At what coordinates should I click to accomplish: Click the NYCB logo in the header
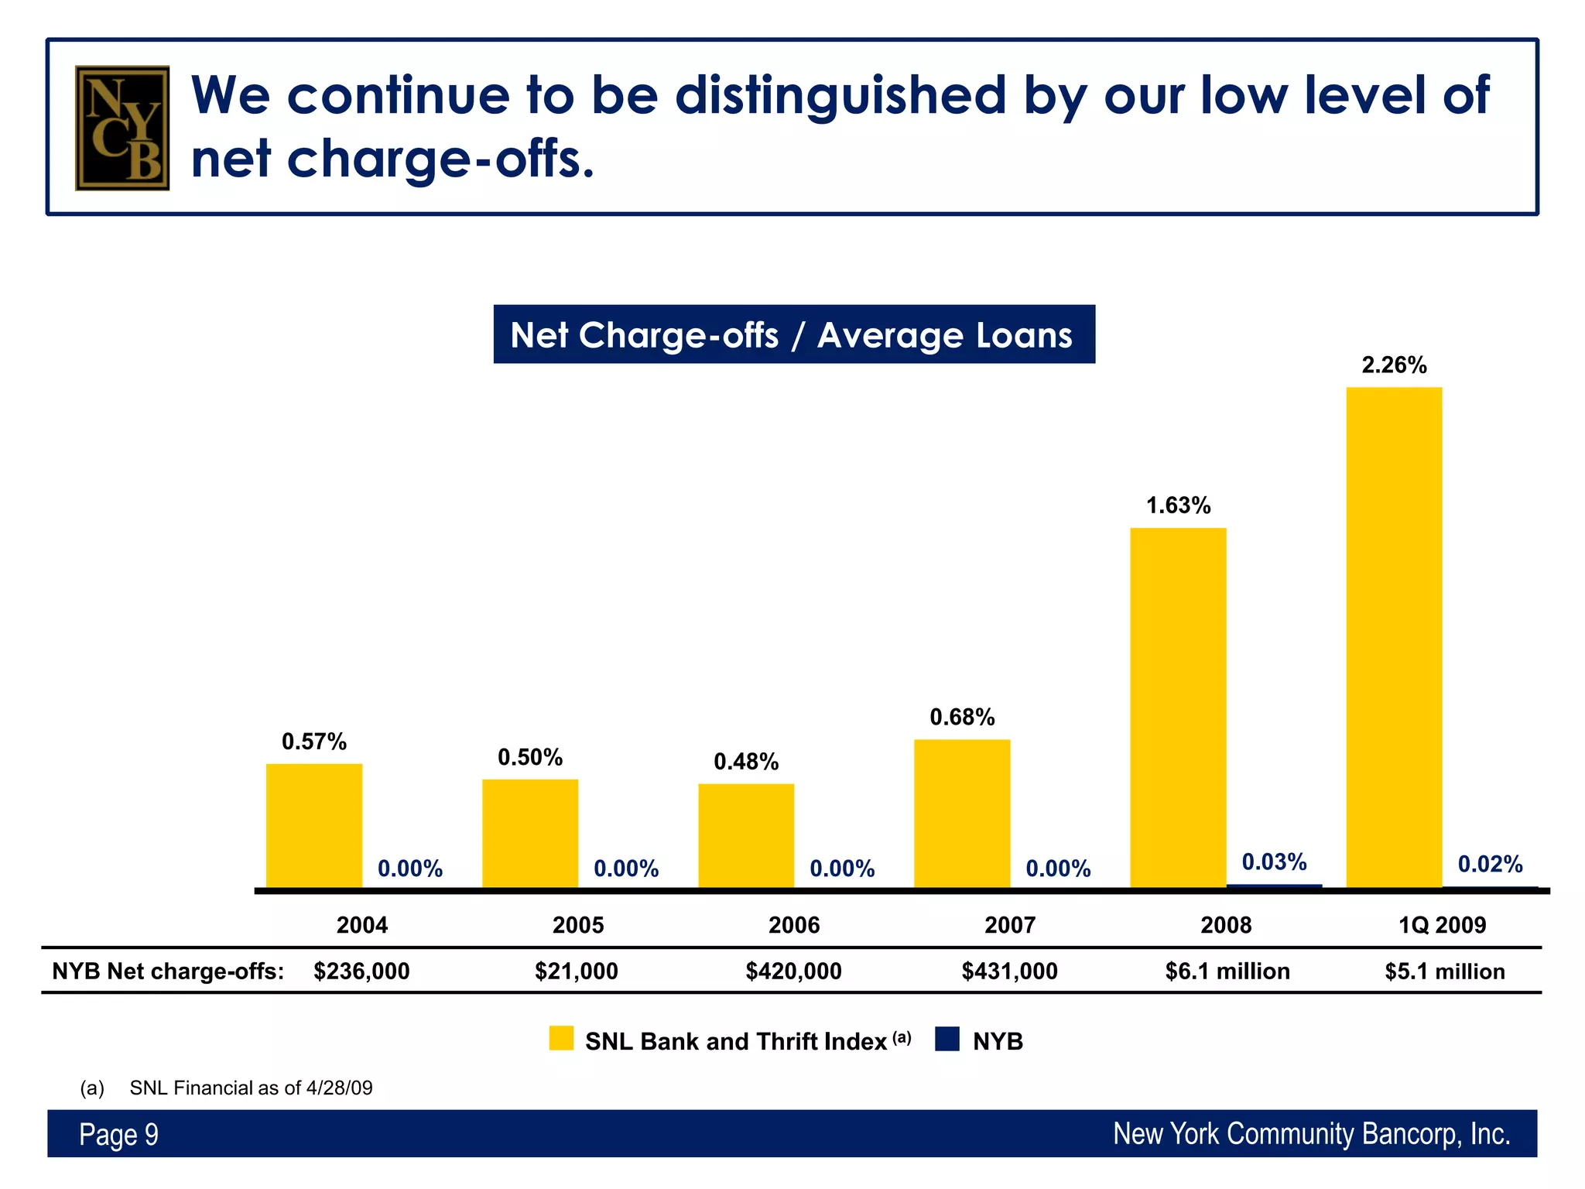click(122, 128)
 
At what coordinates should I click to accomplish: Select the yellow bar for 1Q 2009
click(1394, 637)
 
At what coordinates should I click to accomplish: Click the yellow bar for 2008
click(1178, 708)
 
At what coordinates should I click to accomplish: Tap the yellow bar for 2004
click(314, 825)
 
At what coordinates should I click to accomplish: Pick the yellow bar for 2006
click(746, 835)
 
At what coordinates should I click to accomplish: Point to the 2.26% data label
click(1394, 365)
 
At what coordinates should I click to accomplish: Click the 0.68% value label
click(962, 718)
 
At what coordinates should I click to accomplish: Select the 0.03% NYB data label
click(1274, 862)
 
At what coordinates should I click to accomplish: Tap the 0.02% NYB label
click(1490, 864)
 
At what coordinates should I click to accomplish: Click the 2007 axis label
click(1010, 925)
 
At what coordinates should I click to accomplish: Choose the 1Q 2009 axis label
click(1443, 925)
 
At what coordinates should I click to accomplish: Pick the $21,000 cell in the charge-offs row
click(577, 971)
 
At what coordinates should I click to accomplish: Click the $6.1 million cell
click(1227, 971)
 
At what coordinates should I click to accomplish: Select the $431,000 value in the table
click(1009, 971)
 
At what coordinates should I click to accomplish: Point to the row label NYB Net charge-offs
click(168, 971)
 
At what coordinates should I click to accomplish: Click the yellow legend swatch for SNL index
click(561, 1038)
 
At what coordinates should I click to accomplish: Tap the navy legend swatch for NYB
click(947, 1038)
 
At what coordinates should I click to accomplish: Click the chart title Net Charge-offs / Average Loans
click(794, 334)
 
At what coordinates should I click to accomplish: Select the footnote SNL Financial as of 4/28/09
click(251, 1088)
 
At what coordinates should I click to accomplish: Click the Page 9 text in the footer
click(118, 1134)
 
